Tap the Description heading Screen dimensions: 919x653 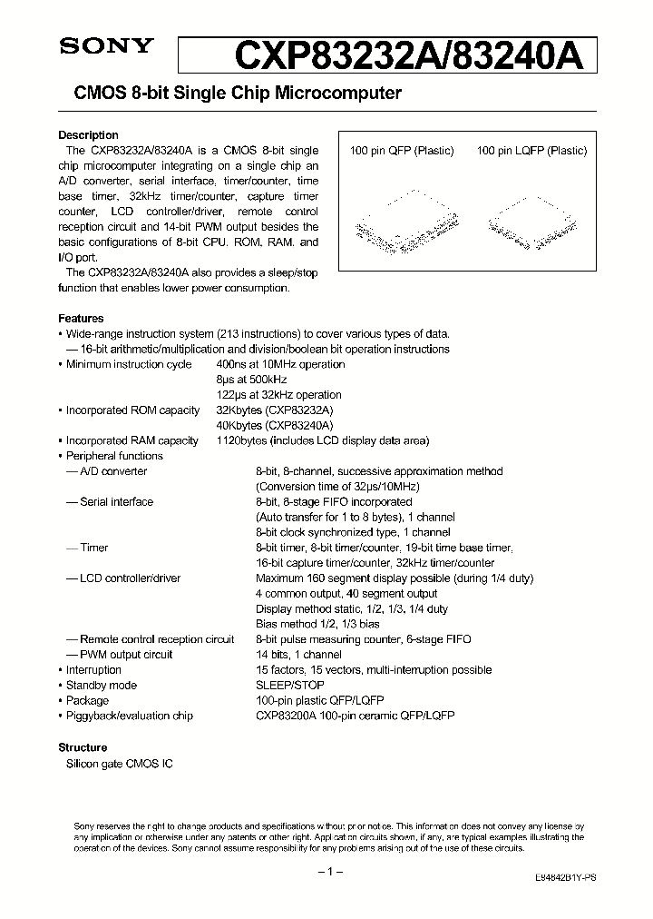(88, 135)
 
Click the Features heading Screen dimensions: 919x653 (81, 319)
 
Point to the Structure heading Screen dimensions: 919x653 (83, 747)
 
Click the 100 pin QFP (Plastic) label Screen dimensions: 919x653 (402, 151)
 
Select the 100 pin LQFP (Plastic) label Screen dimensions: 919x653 (531, 151)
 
